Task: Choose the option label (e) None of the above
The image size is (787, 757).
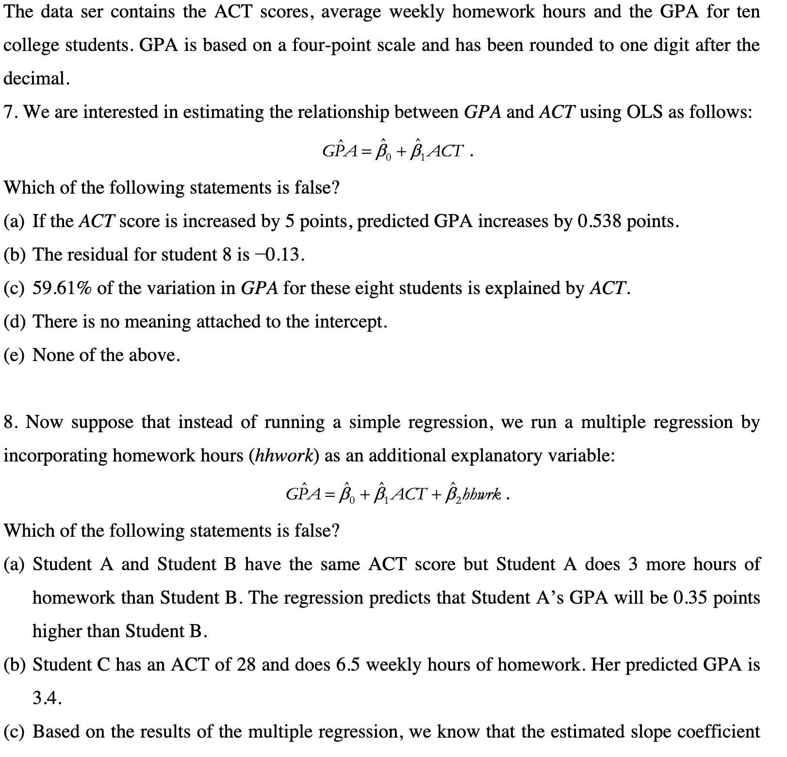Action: pos(16,356)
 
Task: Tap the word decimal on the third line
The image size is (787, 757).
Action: pos(35,79)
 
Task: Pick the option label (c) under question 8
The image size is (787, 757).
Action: pos(16,732)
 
